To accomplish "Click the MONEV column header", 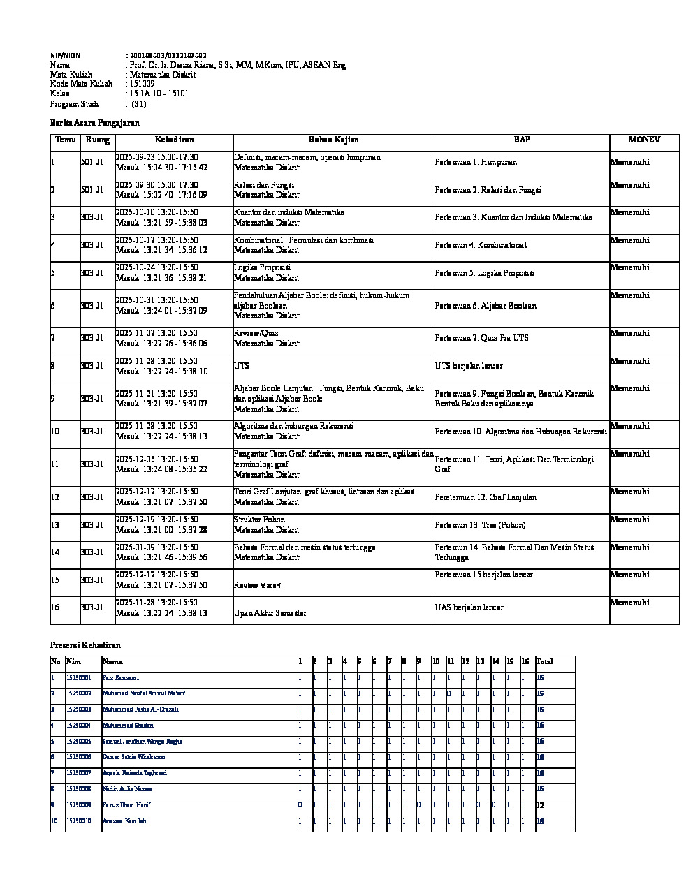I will pyautogui.click(x=643, y=140).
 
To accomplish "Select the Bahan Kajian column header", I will pyautogui.click(x=333, y=140).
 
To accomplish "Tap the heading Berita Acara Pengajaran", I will pyautogui.click(x=95, y=123).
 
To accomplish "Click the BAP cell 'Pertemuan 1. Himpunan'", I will pyautogui.click(x=476, y=162).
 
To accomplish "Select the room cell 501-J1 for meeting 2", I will pyautogui.click(x=92, y=190).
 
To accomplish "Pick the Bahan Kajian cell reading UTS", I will pyautogui.click(x=242, y=366).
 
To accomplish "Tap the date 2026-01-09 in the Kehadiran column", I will pyautogui.click(x=136, y=547).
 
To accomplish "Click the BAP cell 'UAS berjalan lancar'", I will pyautogui.click(x=469, y=607).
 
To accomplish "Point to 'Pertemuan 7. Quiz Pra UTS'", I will pyautogui.click(x=481, y=338).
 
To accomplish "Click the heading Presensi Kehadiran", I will pyautogui.click(x=85, y=645).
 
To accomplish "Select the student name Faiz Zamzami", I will pyautogui.click(x=120, y=678).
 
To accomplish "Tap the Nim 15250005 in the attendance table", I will pyautogui.click(x=78, y=742).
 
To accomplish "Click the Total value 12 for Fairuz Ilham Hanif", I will pyautogui.click(x=541, y=805).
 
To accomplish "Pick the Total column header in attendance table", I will pyautogui.click(x=544, y=661).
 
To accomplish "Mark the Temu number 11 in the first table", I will pyautogui.click(x=55, y=464).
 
